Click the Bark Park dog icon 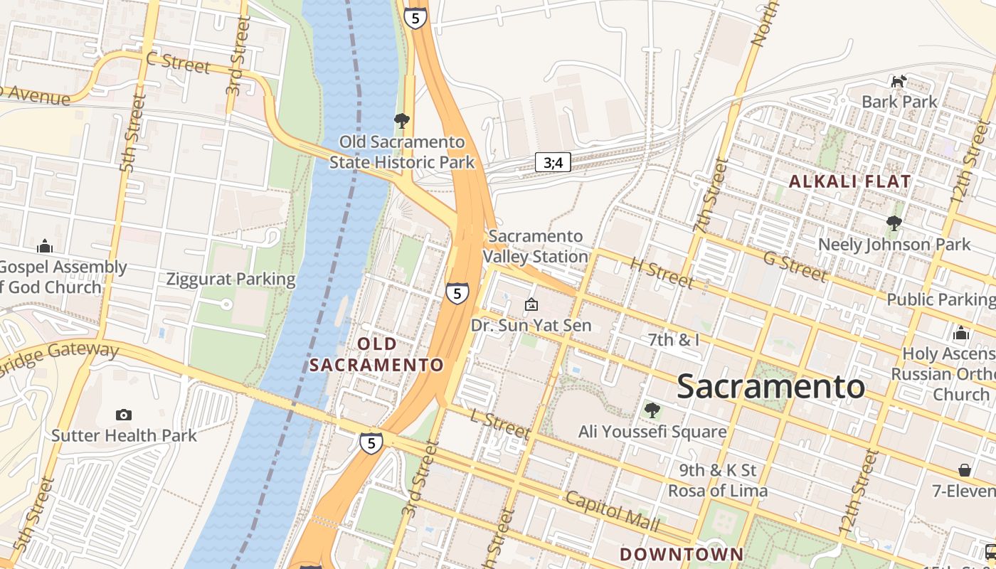(x=899, y=81)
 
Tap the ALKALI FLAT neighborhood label (x=849, y=181)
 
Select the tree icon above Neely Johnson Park (x=894, y=224)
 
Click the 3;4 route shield (x=553, y=162)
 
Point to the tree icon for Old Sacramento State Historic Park (x=401, y=120)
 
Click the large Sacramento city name (x=770, y=386)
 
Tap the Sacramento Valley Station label (x=539, y=246)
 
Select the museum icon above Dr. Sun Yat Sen (x=531, y=305)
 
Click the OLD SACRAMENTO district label (x=377, y=354)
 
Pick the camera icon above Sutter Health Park (x=123, y=415)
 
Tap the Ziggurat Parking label (x=231, y=279)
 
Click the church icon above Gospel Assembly (x=45, y=247)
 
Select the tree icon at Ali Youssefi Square (x=652, y=410)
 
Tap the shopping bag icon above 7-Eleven (x=965, y=470)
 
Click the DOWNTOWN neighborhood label (x=681, y=554)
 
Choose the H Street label (x=661, y=273)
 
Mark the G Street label (x=794, y=266)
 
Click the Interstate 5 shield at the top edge (x=415, y=18)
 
